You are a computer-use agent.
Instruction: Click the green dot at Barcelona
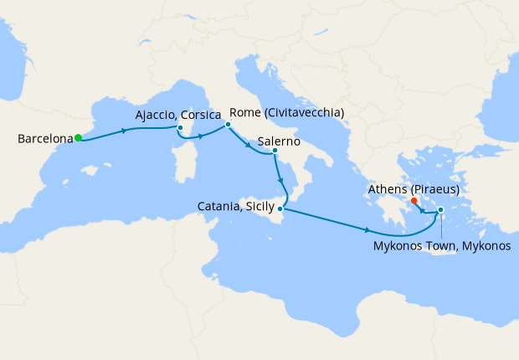pos(77,138)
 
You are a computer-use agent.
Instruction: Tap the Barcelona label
pos(44,139)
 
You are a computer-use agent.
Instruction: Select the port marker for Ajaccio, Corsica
pos(179,128)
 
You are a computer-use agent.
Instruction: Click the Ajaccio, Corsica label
pos(178,114)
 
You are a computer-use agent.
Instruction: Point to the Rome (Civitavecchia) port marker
pos(227,125)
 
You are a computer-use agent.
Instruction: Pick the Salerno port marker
pos(275,152)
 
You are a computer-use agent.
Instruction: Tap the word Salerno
pos(280,139)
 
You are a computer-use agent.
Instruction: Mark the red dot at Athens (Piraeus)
pos(414,201)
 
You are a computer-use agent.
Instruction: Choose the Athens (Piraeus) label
pos(414,190)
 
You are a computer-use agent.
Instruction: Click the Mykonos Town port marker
pos(441,222)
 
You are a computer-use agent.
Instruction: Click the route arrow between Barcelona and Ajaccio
pos(125,131)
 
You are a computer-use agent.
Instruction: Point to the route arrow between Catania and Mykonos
pos(368,230)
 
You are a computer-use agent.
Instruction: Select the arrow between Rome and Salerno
pos(249,146)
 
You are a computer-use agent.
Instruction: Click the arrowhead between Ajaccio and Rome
pos(202,135)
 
